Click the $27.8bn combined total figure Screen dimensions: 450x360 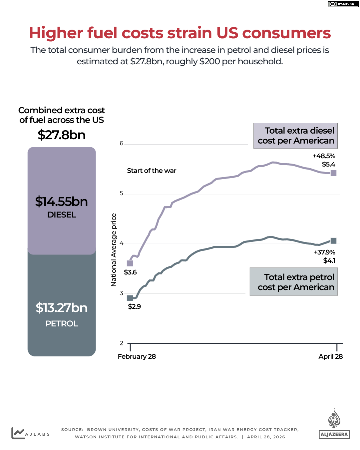(62, 135)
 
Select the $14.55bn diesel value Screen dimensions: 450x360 (62, 202)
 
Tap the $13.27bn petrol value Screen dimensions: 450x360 (62, 308)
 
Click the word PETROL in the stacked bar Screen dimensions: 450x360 (62, 323)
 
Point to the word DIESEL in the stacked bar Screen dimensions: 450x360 (62, 215)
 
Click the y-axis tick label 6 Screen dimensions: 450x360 (122, 144)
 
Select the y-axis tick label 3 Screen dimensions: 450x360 (122, 293)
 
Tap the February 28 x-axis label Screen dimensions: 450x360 (137, 356)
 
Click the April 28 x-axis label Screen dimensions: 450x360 (330, 356)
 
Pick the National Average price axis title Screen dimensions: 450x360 (114, 250)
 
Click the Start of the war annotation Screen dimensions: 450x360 (152, 171)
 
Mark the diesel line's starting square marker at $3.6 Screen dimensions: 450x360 (130, 263)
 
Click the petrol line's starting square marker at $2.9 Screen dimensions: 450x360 (130, 298)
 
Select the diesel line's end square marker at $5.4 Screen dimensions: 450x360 (333, 173)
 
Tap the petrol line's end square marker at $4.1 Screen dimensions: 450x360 (333, 241)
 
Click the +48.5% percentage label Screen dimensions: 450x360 (324, 156)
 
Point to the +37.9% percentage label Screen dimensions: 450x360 (324, 252)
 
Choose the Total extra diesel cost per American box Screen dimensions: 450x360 (295, 136)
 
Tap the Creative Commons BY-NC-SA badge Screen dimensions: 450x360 (343, 4)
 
